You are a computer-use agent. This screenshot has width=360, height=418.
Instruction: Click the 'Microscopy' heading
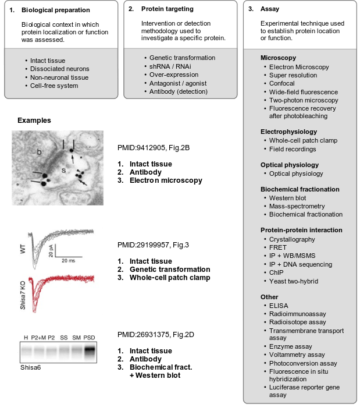278,58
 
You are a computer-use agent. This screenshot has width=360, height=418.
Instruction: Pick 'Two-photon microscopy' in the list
302,100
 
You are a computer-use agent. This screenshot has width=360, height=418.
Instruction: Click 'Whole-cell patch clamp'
303,140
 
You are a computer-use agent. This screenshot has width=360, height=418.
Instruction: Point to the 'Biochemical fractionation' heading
300,189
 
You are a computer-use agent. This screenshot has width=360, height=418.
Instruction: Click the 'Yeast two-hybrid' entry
294,281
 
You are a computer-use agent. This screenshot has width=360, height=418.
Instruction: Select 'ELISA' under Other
279,306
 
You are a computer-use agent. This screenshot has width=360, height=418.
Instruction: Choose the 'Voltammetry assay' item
297,355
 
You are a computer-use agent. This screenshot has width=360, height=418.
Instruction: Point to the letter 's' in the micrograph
63,171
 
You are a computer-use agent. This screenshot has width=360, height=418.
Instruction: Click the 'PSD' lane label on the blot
89,338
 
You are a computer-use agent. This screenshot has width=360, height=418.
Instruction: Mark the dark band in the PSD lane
89,351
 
